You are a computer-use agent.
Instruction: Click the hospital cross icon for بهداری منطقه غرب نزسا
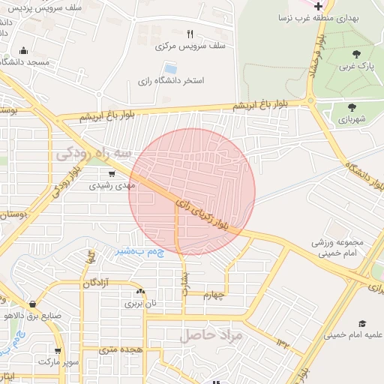click(319, 6)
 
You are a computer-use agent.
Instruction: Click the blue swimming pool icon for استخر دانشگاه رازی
click(170, 69)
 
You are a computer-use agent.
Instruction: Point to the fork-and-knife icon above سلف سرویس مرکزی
click(189, 34)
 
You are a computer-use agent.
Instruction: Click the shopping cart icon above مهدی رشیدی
click(112, 173)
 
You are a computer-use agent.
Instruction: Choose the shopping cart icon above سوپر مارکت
click(58, 350)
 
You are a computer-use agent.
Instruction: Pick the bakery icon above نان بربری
click(139, 291)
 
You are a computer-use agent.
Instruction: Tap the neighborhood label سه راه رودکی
click(94, 154)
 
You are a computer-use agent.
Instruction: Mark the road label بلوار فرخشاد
click(318, 59)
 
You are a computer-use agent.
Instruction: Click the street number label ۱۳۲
click(283, 343)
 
